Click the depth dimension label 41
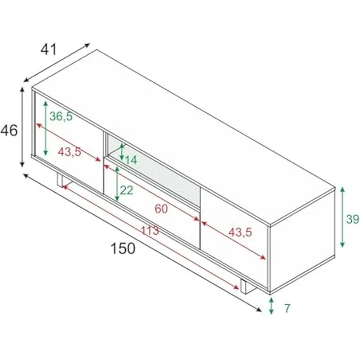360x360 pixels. (x=48, y=49)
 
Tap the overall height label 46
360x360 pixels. (x=9, y=131)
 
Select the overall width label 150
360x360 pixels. (x=123, y=248)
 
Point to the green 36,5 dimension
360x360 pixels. (x=61, y=116)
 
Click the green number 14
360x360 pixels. (x=131, y=160)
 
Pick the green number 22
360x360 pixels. (x=127, y=190)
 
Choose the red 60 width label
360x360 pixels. (x=161, y=209)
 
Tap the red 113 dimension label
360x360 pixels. (x=150, y=230)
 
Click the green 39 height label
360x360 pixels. (x=353, y=219)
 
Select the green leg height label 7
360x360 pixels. (x=287, y=308)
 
